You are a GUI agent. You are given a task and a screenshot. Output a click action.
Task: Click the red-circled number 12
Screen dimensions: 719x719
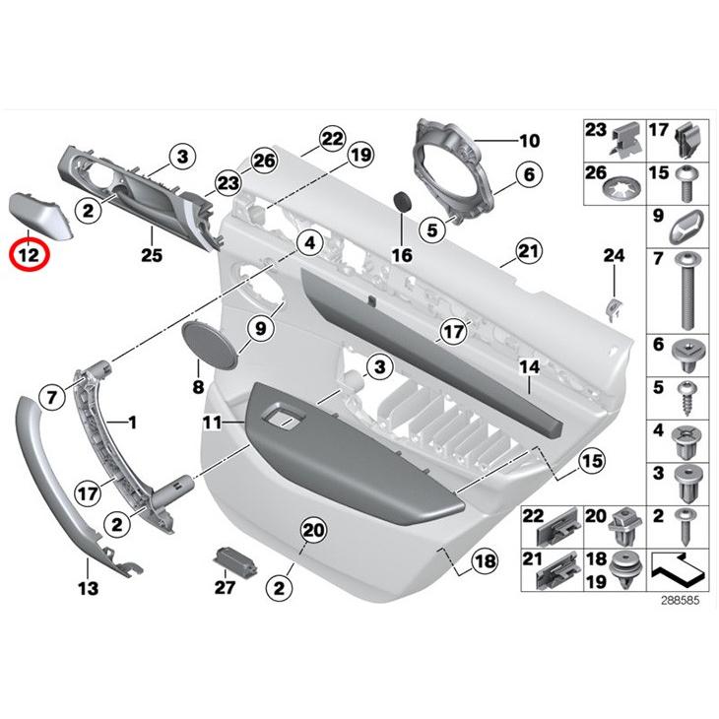pos(30,256)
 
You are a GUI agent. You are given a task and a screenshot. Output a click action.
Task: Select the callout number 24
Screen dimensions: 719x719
pos(614,256)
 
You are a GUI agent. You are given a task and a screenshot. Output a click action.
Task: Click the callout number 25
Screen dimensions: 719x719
pos(151,235)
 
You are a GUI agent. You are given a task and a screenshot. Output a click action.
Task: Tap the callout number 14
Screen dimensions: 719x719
pos(530,366)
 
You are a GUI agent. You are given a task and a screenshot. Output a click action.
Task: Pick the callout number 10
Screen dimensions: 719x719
pos(530,140)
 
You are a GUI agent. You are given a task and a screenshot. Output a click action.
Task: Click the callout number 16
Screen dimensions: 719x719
pos(401,255)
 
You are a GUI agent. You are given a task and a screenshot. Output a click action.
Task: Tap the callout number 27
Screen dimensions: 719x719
pos(225,588)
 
